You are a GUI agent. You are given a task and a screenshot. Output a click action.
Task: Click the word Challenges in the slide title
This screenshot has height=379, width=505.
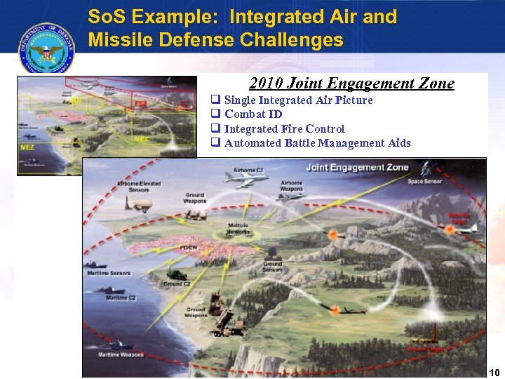point(292,40)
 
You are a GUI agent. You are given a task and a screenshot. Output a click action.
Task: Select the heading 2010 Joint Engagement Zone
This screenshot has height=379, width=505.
point(351,84)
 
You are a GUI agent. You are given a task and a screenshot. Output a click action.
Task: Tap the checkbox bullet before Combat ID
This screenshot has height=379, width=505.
point(216,114)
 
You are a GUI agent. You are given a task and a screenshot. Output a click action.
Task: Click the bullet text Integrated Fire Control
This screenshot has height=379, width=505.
point(284,128)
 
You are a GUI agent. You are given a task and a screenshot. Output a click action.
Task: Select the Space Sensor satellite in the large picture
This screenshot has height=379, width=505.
point(429,169)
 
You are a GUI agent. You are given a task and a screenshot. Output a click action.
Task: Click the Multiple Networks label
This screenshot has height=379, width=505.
point(238,229)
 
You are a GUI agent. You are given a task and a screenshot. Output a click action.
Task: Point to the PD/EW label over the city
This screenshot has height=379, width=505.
point(189,248)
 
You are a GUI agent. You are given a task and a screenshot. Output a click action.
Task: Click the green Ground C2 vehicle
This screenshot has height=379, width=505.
point(176,274)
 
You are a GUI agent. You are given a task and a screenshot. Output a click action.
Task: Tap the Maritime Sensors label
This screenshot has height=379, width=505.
point(109,273)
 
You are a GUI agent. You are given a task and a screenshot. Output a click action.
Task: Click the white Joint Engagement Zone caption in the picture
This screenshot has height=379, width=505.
point(357,167)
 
